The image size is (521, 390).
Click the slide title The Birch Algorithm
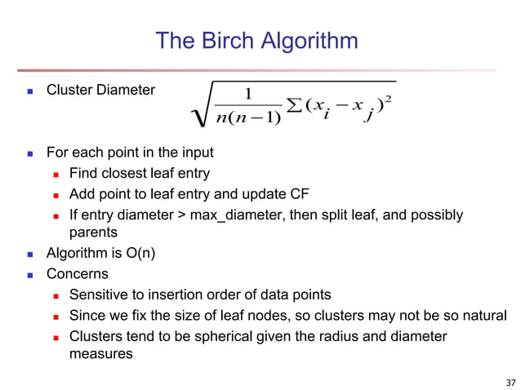256,41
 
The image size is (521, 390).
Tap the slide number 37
510,381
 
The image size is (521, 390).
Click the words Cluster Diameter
100,90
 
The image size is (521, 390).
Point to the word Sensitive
98,294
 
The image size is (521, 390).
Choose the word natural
483,315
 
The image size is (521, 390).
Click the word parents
91,233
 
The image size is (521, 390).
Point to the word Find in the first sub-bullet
82,172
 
